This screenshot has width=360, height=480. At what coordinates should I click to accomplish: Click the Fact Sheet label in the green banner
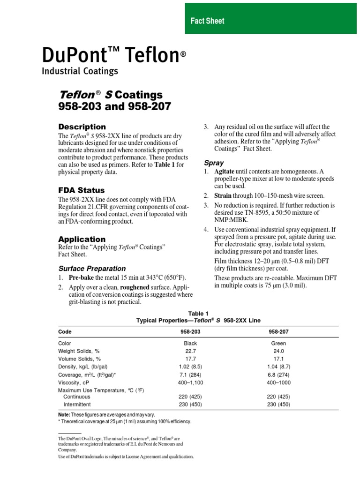point(207,21)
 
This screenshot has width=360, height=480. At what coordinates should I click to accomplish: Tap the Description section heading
point(82,127)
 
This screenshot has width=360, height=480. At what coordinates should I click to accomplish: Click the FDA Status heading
point(81,190)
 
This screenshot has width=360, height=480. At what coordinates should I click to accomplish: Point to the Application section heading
point(82,239)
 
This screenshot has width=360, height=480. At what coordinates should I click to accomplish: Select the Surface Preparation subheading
point(92,269)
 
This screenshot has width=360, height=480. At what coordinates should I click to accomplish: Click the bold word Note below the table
point(64,414)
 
